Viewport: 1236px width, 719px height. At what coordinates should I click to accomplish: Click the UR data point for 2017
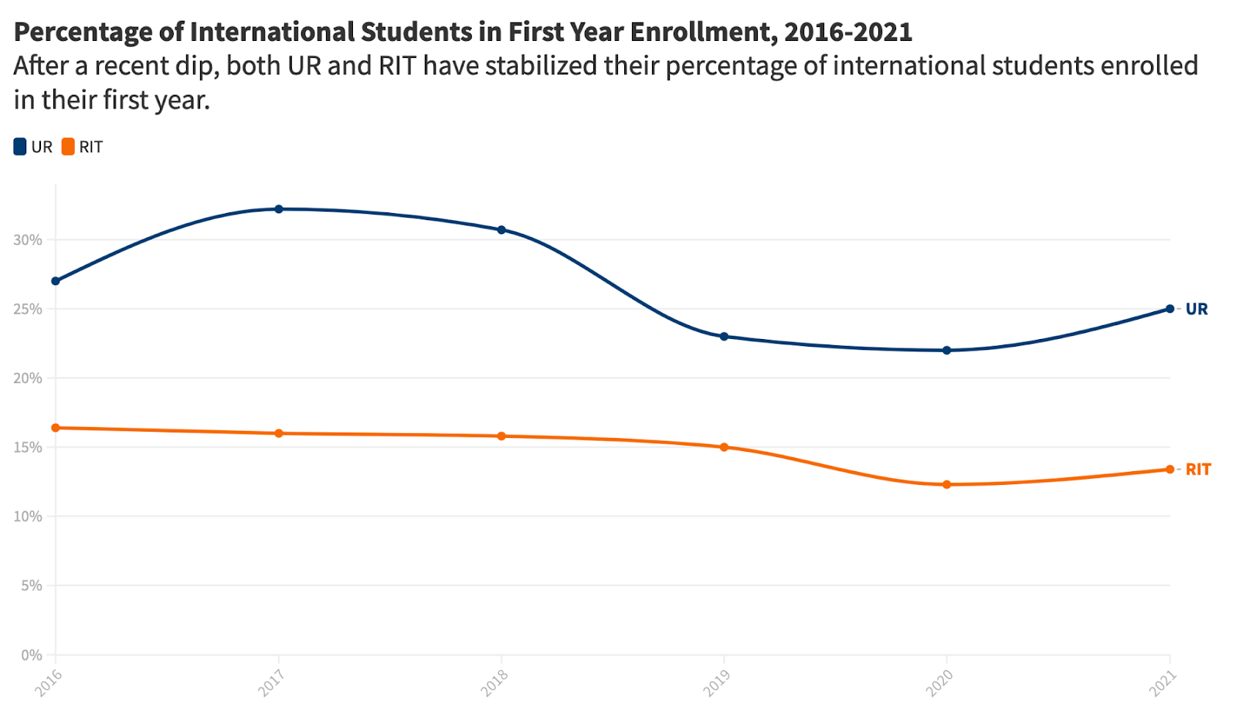tap(279, 209)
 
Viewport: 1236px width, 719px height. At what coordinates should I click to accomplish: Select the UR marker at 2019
tap(724, 337)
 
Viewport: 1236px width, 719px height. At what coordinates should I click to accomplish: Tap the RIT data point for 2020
tap(946, 485)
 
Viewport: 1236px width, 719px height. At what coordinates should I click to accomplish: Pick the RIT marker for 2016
tap(56, 428)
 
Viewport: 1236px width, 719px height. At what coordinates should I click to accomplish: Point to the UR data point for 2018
tap(501, 230)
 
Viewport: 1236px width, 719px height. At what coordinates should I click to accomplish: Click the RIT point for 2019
tap(724, 447)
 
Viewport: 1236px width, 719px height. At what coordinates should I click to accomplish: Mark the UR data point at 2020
tap(946, 351)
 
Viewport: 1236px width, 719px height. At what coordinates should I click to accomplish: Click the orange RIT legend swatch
tap(69, 147)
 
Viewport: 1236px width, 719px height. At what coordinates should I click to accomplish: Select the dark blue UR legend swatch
tap(20, 147)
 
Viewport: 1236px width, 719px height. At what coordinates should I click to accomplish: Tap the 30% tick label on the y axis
tap(28, 240)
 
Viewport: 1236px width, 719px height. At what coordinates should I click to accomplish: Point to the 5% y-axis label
tap(32, 586)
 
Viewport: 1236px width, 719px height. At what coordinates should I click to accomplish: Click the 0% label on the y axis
tap(32, 655)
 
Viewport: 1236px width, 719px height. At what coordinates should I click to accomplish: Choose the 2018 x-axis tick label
tap(494, 683)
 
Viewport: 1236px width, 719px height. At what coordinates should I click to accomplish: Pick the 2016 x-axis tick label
tap(49, 683)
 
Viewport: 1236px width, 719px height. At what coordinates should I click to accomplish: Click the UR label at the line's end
tap(1197, 309)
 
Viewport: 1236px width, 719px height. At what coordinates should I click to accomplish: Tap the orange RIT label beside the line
tap(1198, 470)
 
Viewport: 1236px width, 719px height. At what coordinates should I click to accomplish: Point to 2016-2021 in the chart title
tap(847, 32)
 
